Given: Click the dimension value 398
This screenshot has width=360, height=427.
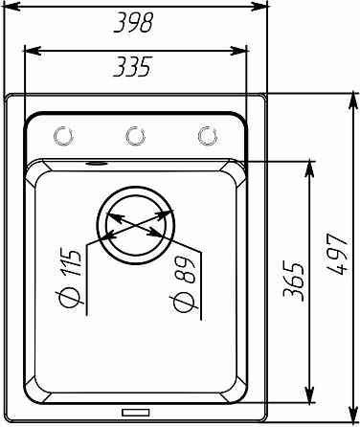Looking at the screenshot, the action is [133, 23].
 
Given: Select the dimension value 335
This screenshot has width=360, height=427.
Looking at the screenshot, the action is [131, 67].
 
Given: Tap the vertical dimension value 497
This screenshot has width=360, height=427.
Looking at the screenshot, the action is [337, 254].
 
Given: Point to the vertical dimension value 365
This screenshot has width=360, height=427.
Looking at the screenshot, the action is [294, 280].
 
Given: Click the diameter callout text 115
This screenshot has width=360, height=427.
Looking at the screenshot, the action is [71, 262].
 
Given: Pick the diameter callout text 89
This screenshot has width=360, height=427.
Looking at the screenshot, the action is [186, 270].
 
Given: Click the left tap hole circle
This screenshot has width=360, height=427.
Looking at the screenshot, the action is [64, 136].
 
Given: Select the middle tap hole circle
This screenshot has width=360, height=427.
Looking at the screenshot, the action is [135, 136].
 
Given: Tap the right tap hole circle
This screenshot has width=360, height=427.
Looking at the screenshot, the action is [208, 136].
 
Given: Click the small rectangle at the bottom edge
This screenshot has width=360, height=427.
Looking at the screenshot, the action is [136, 413].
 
